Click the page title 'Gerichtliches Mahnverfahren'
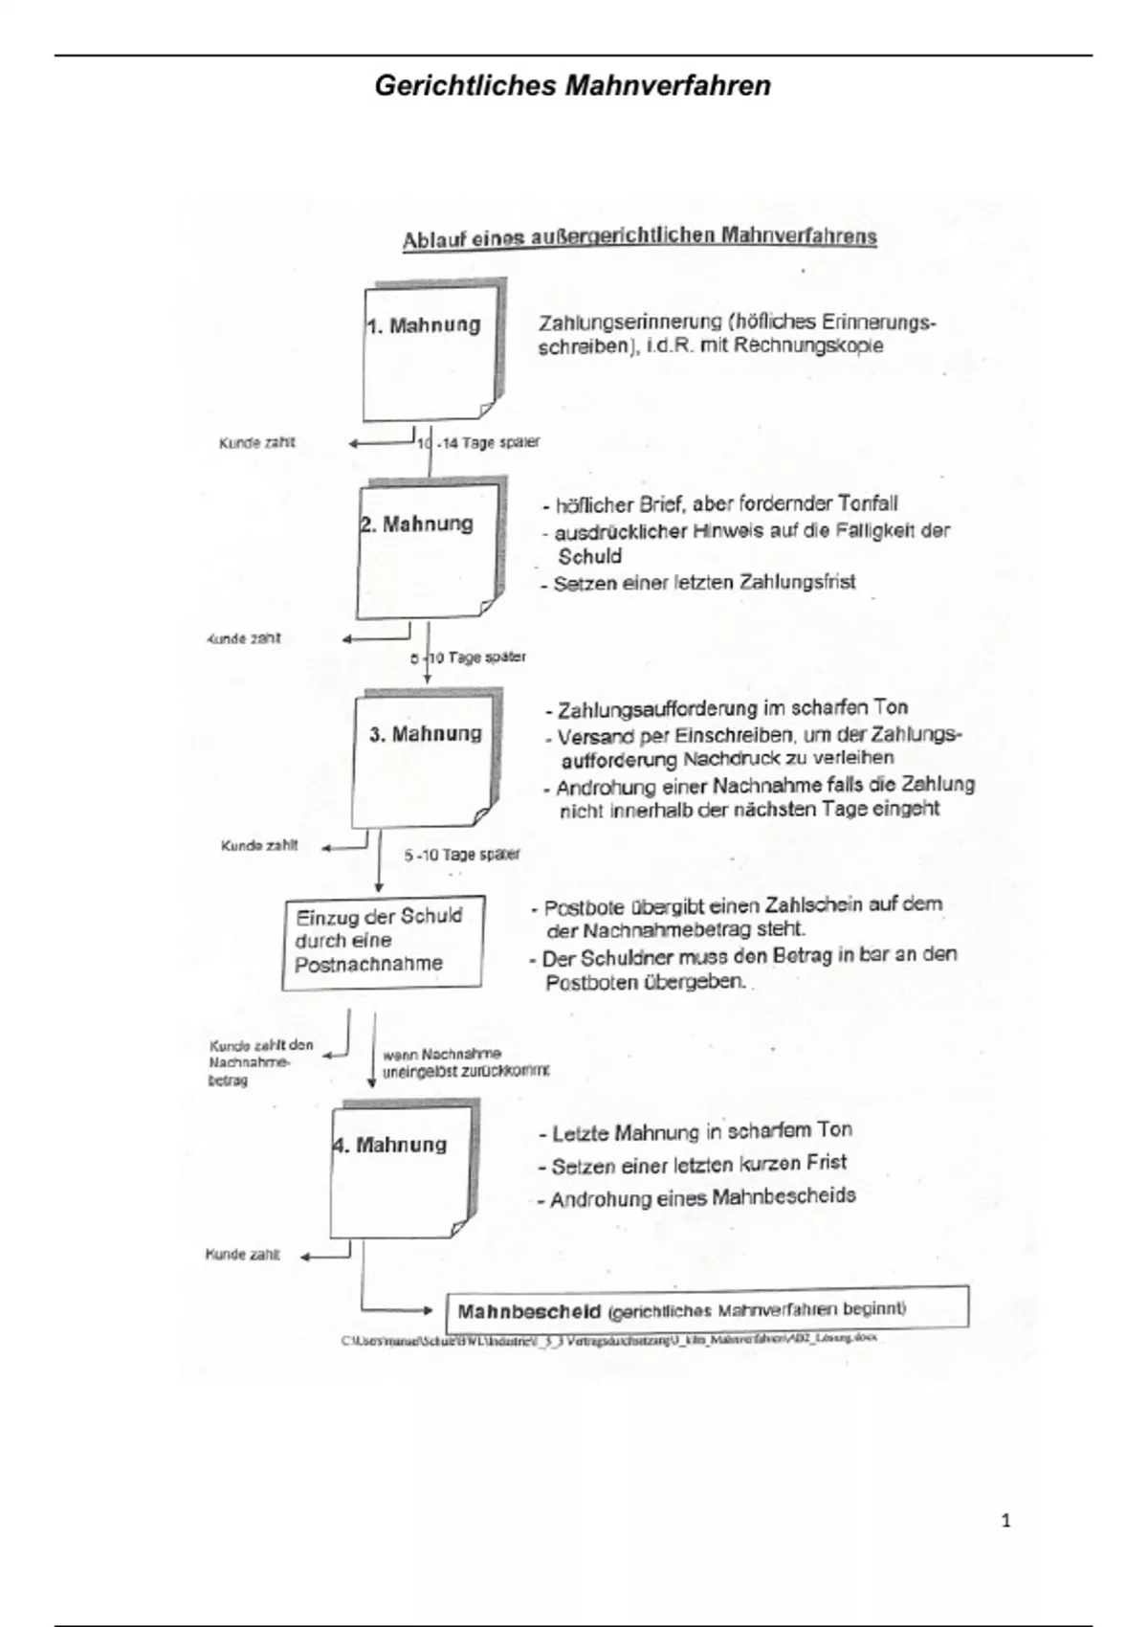pyautogui.click(x=572, y=86)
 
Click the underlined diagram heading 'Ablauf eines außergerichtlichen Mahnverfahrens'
pyautogui.click(x=639, y=236)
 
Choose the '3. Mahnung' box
pyautogui.click(x=425, y=761)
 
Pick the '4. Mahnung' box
pyautogui.click(x=401, y=1170)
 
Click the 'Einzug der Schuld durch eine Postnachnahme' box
pyautogui.click(x=382, y=941)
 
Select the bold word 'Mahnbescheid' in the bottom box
pyautogui.click(x=529, y=1311)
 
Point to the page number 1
pyautogui.click(x=1004, y=1521)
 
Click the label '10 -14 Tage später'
pyautogui.click(x=478, y=443)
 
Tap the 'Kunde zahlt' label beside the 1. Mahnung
pyautogui.click(x=257, y=443)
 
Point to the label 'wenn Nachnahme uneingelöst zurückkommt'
pyautogui.click(x=464, y=1062)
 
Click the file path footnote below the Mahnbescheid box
pyautogui.click(x=608, y=1340)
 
